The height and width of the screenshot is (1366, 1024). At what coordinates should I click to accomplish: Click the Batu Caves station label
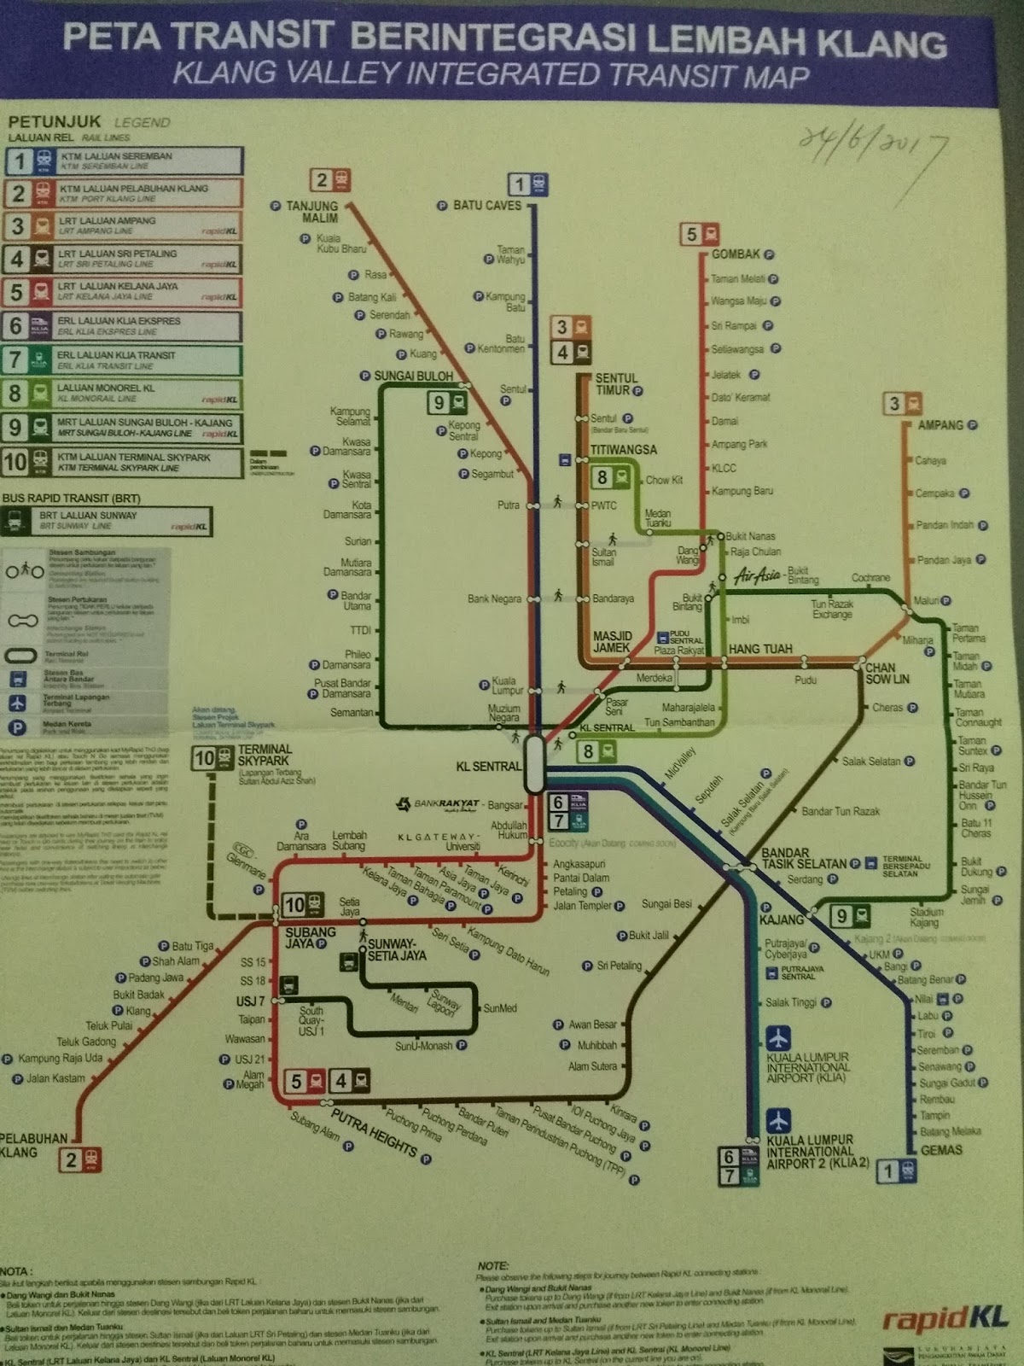coord(486,206)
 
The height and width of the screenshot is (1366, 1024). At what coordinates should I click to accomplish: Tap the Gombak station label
coord(736,254)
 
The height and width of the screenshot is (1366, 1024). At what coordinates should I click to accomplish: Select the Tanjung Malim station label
coord(311,212)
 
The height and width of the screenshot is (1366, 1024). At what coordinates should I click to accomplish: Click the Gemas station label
coord(941,1150)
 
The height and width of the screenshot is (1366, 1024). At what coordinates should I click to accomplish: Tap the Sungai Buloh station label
coord(413,376)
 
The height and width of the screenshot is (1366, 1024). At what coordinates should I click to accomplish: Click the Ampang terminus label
coord(940,425)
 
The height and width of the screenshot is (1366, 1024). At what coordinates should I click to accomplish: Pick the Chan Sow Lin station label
coord(887,673)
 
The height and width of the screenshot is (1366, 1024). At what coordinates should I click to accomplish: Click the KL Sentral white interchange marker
coord(535,764)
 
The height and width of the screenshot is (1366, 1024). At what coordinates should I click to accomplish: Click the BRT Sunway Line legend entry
coord(107,521)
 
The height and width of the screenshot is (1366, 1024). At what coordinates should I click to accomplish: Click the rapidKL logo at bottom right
coord(945,1318)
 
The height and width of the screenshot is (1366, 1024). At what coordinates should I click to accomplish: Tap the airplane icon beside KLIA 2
coord(778,1121)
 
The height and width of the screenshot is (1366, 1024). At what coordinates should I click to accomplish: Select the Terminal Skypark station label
coord(265,755)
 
